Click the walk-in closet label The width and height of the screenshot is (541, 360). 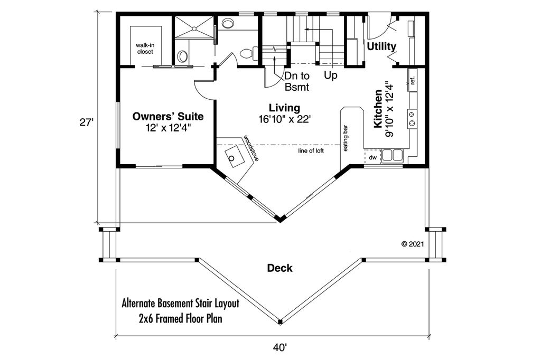(145, 48)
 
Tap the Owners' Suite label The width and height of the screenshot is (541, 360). (168, 116)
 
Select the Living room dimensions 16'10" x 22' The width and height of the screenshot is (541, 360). (285, 119)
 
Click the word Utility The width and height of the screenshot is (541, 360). (381, 46)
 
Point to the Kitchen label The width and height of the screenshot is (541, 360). (378, 109)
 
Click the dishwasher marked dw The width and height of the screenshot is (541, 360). (372, 157)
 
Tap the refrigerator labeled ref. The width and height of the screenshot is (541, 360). (412, 80)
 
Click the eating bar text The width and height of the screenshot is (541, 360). (346, 138)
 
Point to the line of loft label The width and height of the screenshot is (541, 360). (311, 150)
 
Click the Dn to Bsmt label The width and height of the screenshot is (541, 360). (297, 81)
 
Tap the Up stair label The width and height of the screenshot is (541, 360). (331, 75)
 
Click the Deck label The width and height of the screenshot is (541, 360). (280, 268)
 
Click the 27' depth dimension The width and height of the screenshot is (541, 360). (87, 122)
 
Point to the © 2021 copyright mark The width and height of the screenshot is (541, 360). (413, 244)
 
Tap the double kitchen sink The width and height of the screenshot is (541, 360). (393, 155)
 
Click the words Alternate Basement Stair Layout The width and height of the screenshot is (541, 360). (181, 304)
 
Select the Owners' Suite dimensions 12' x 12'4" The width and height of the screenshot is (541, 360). (168, 128)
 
